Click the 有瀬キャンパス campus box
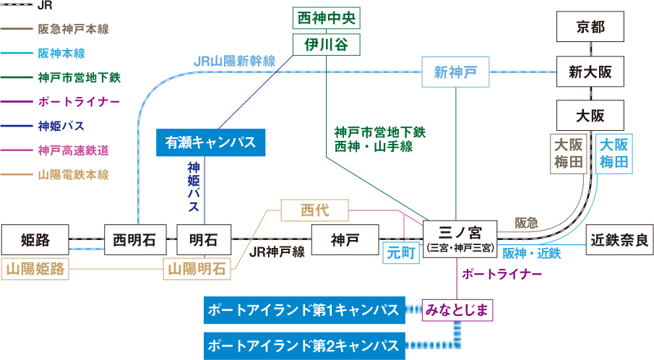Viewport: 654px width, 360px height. point(211,142)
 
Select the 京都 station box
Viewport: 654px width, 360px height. point(590,27)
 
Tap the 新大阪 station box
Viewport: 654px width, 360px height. point(590,72)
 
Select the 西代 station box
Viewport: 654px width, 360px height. point(314,211)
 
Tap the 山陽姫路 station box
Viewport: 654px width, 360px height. point(35,269)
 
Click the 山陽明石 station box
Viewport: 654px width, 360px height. point(197,269)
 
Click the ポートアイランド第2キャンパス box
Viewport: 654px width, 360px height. point(304,343)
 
